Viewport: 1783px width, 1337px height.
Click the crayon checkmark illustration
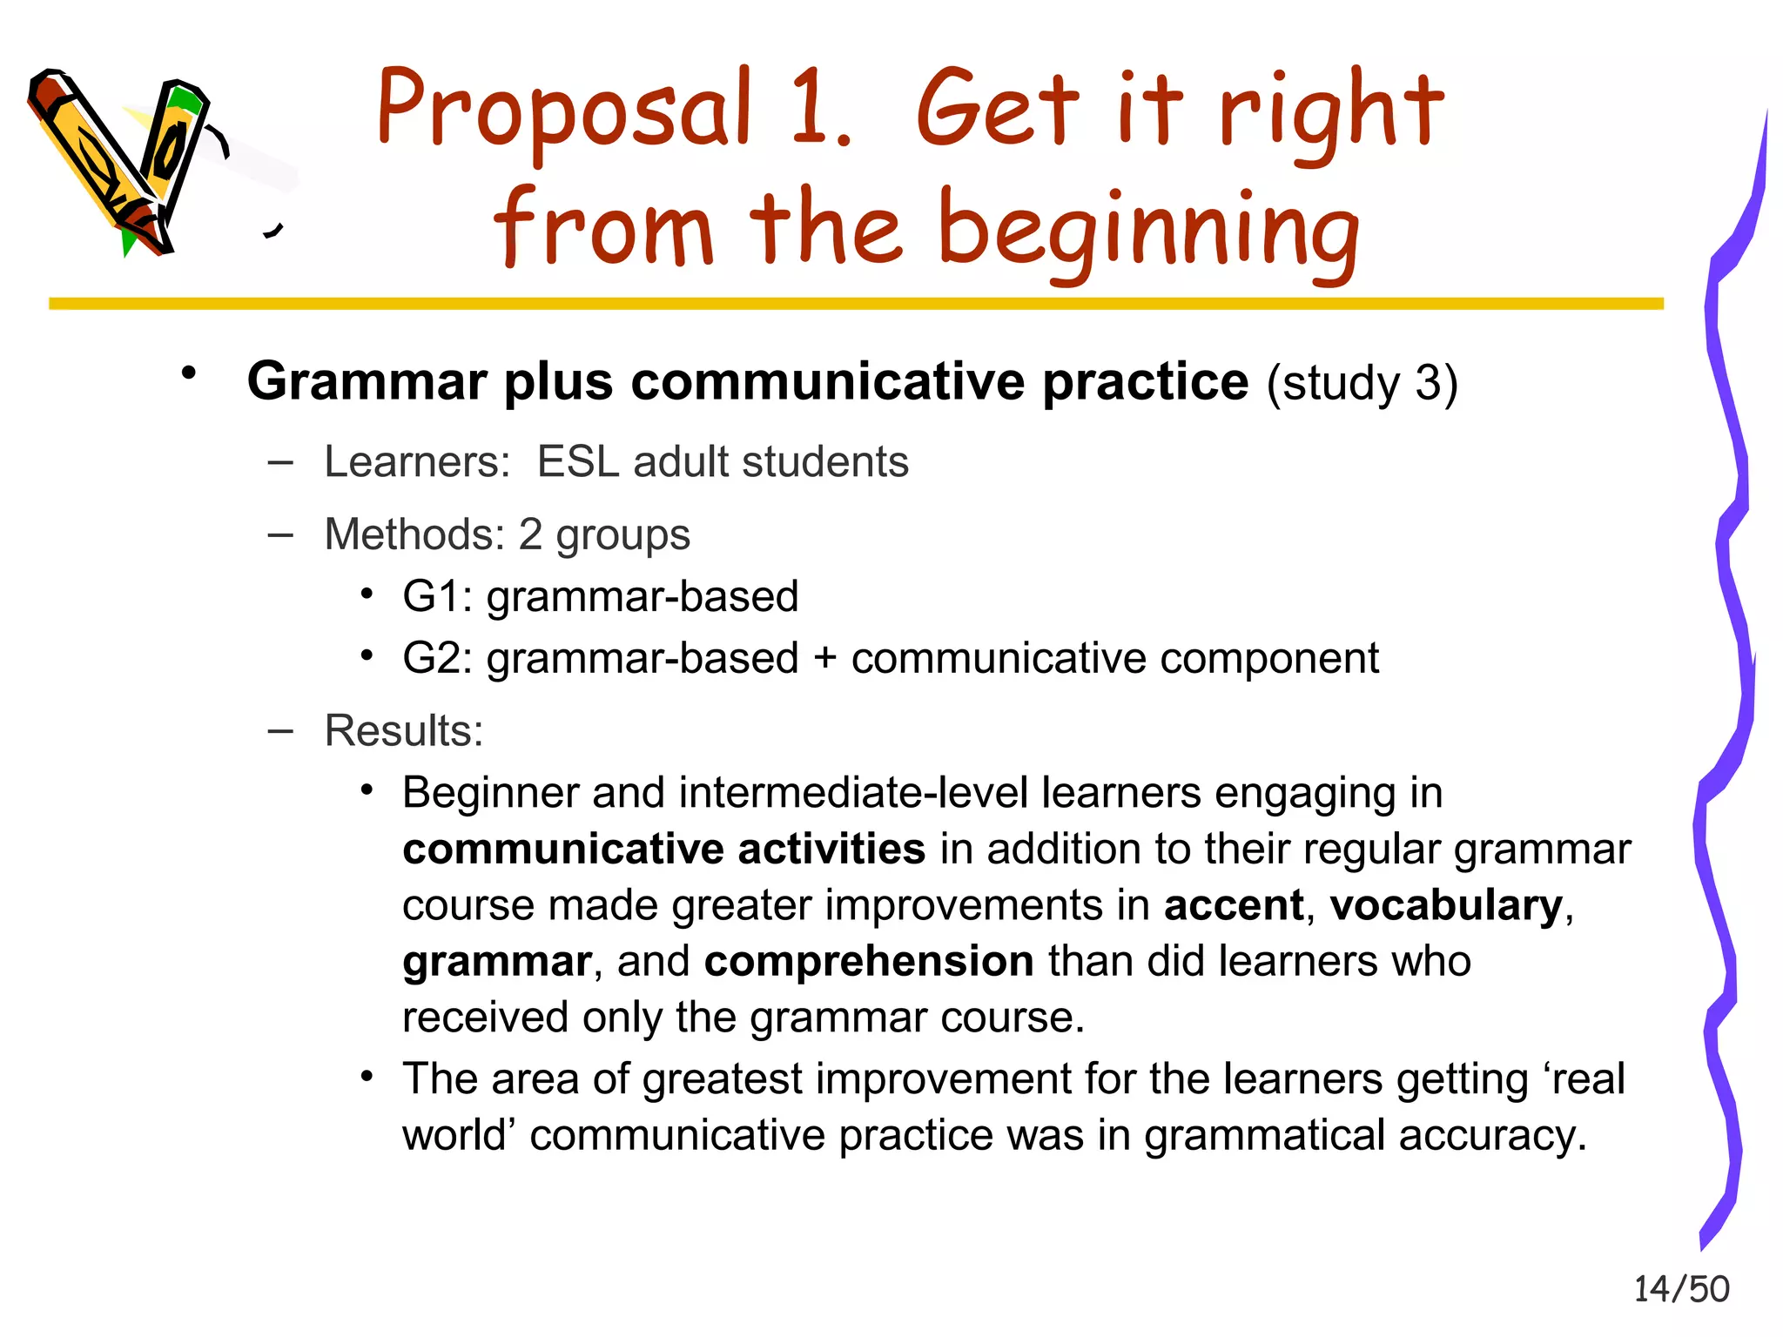coord(122,161)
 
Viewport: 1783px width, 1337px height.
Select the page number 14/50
coord(1681,1289)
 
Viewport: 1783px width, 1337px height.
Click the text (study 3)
coord(1362,384)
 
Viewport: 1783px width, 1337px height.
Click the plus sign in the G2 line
coord(824,659)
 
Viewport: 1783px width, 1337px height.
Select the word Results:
coord(404,731)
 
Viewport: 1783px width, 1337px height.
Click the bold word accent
coord(1233,905)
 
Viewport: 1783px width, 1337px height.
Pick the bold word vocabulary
coord(1446,905)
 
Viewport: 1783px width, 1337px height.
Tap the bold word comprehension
coord(869,962)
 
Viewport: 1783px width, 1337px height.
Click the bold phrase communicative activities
coord(663,850)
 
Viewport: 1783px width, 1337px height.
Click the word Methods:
coord(414,534)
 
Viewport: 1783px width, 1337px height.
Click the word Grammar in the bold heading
coord(367,382)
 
